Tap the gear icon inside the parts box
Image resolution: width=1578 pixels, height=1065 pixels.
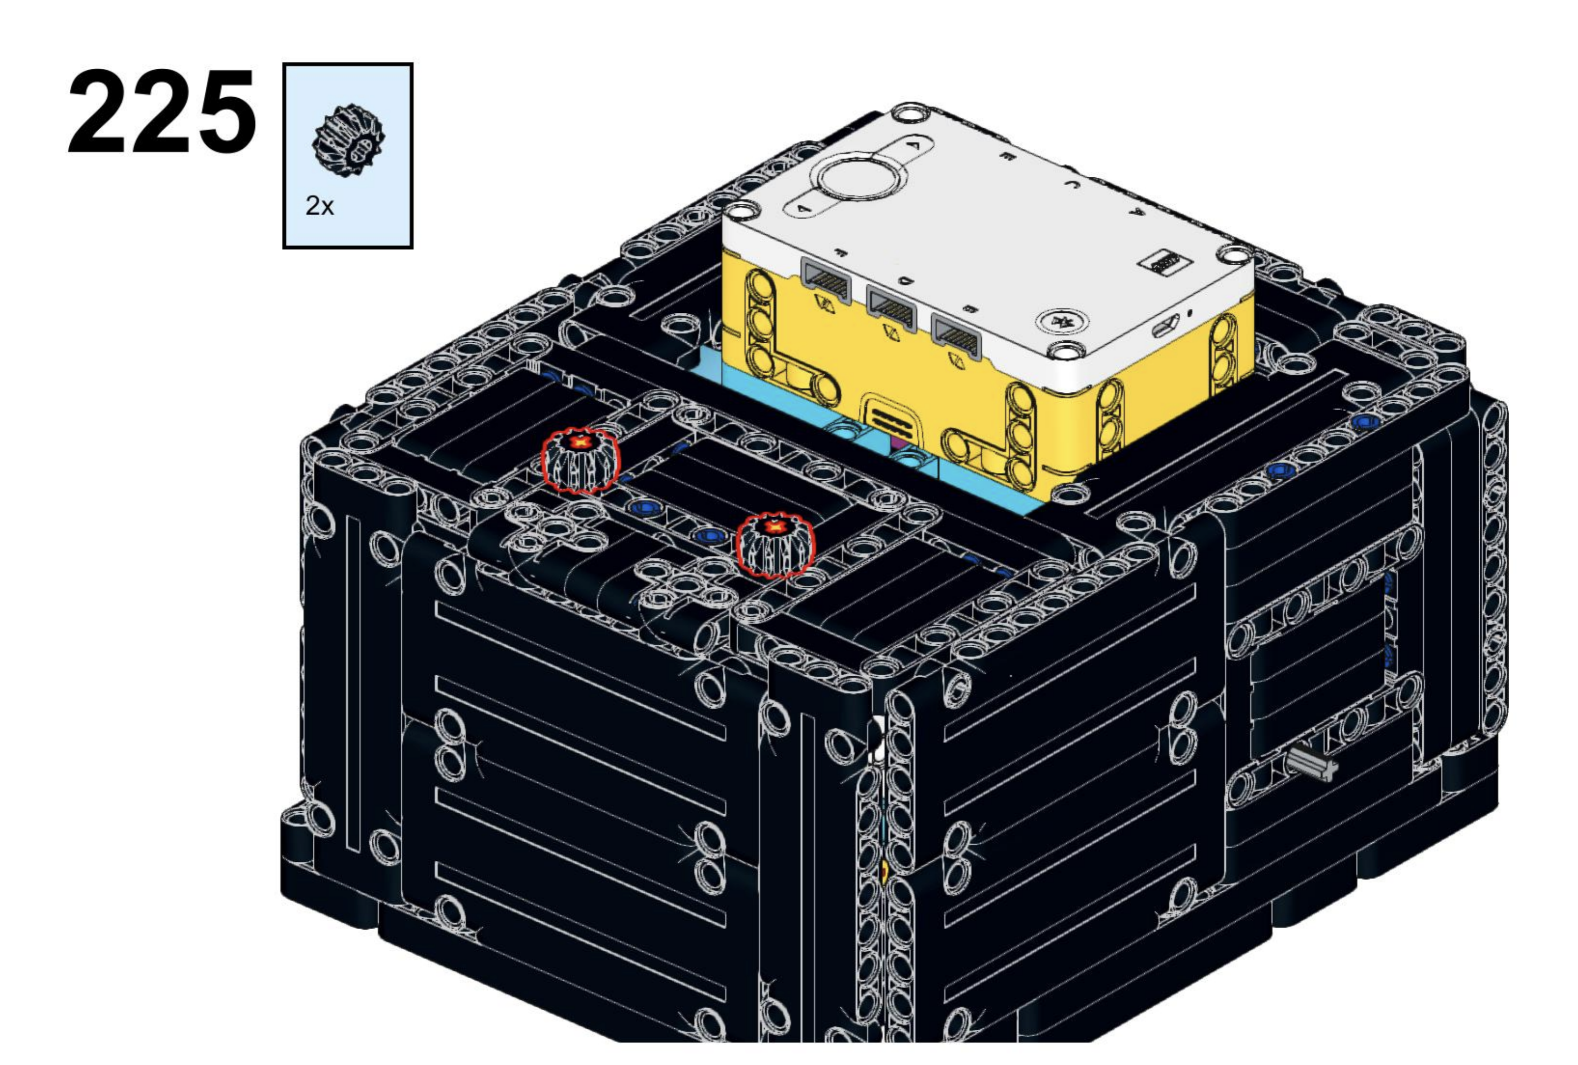coord(347,141)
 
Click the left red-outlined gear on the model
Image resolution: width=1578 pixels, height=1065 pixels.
coord(581,460)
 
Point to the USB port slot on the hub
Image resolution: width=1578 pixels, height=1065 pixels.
coord(1166,327)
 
